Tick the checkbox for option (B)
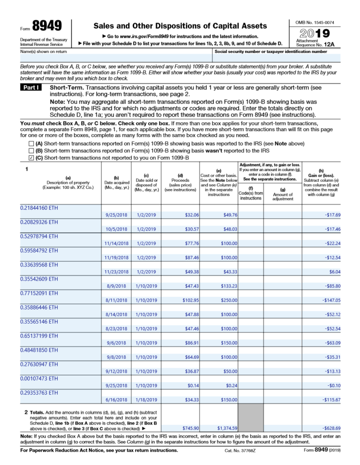pyautogui.click(x=31, y=150)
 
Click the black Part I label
pyautogui.click(x=31, y=87)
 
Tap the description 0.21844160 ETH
pyautogui.click(x=39, y=207)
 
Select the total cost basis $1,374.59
pyautogui.click(x=227, y=428)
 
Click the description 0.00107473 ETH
pyautogui.click(x=39, y=378)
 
